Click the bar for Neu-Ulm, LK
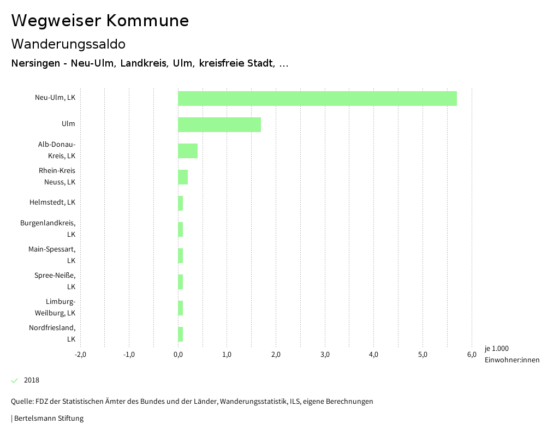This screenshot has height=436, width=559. (317, 98)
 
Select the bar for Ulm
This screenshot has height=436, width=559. (219, 124)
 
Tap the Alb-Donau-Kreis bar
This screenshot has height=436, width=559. (188, 151)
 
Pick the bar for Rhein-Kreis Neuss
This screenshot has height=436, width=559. (183, 177)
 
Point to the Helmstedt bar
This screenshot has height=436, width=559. (181, 203)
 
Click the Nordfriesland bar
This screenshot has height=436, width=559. (181, 334)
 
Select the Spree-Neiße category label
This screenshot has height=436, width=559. (55, 280)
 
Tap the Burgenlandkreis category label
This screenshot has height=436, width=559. (48, 228)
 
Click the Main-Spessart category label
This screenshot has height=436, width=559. (52, 254)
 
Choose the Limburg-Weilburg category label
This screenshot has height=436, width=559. (55, 307)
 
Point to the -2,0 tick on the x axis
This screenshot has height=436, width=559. (80, 354)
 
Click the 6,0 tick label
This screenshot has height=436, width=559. (472, 354)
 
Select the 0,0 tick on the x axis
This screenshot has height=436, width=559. (178, 354)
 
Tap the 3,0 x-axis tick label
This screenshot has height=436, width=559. (325, 354)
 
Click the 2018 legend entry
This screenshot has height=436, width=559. (31, 380)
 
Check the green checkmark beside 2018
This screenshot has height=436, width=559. (15, 380)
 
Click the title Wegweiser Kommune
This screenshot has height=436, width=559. (100, 21)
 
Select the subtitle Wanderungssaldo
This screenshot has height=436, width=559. (68, 44)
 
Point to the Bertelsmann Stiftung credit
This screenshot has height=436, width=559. (48, 419)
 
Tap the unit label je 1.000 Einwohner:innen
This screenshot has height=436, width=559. (512, 354)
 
